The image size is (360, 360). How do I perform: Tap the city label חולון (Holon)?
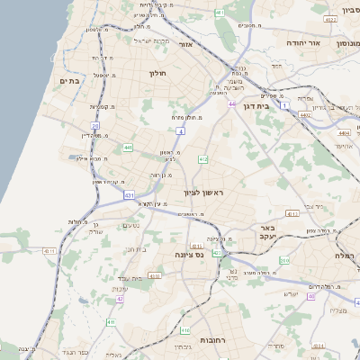[x=157, y=75]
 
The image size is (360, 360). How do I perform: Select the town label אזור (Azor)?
[x=186, y=43]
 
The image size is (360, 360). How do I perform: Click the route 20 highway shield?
[x=95, y=126]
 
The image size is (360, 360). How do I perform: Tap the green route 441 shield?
[x=129, y=147]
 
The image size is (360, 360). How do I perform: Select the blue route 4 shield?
[x=180, y=131]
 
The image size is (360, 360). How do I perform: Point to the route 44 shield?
[x=232, y=104]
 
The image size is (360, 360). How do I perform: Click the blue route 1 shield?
[x=286, y=106]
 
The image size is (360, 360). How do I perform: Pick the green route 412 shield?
[x=203, y=159]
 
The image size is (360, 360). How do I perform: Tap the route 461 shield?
[x=220, y=13]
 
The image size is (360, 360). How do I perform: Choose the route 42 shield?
[x=120, y=299]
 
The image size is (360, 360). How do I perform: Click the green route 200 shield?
[x=284, y=260]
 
